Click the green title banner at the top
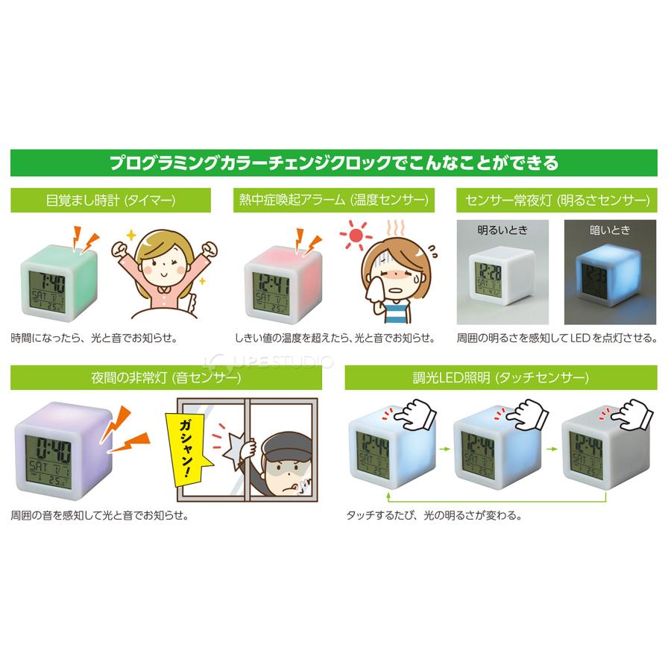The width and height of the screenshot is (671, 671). point(335,162)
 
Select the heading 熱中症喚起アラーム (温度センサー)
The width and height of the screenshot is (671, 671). point(333,201)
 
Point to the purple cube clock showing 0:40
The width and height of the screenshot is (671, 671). point(52,450)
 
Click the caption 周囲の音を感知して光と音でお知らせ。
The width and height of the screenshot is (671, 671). point(98,515)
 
